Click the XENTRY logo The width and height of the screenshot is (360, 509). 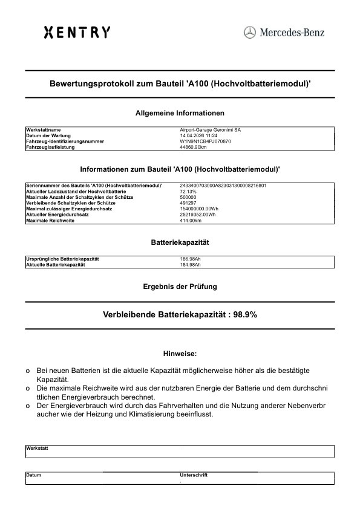[77, 32]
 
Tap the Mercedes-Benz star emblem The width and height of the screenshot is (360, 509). [250, 32]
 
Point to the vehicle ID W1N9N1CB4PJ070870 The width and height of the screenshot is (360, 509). [206, 141]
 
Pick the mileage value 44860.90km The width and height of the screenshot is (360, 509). [194, 147]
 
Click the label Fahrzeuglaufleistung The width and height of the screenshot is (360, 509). [50, 147]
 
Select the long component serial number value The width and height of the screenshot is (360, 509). [223, 186]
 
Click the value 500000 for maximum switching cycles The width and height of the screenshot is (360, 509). [188, 197]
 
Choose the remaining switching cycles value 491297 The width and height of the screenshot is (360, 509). [188, 203]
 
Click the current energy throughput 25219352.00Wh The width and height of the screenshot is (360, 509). [198, 214]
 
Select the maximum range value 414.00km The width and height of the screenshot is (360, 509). [190, 220]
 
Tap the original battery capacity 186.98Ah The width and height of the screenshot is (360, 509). [191, 259]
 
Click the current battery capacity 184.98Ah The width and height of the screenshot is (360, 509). [191, 265]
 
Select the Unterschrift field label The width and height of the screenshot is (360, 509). [194, 475]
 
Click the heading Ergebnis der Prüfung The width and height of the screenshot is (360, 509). [180, 286]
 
